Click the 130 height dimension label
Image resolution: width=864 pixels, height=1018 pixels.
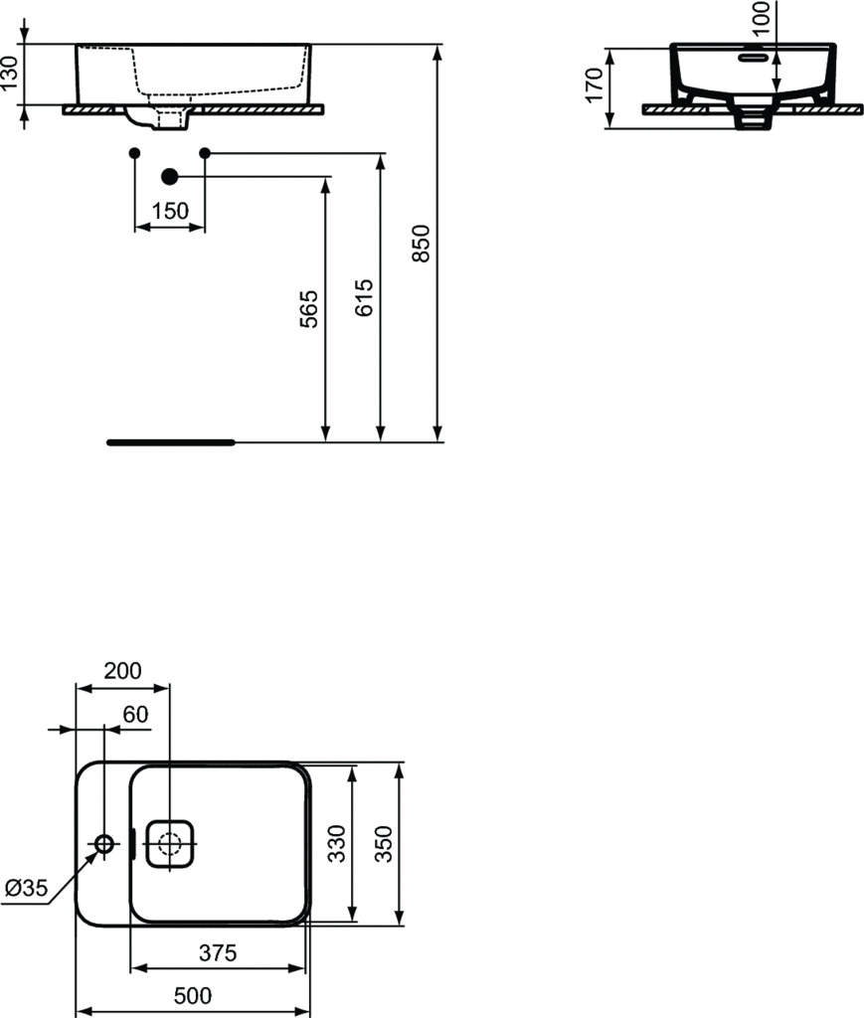click(x=9, y=74)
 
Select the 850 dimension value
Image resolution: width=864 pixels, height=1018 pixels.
click(x=422, y=244)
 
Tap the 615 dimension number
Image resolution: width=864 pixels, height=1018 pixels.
click(x=364, y=297)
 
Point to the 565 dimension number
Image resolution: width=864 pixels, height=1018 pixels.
click(x=309, y=309)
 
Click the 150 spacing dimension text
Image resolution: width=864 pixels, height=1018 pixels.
click(x=170, y=211)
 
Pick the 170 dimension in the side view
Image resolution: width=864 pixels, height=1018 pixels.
click(x=595, y=85)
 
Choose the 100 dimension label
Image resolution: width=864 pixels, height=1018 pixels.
click(x=762, y=18)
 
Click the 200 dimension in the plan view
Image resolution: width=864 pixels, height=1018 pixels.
click(x=122, y=671)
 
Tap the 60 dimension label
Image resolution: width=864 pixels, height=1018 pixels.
click(x=135, y=714)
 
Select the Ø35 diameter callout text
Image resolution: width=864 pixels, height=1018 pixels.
click(x=26, y=888)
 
